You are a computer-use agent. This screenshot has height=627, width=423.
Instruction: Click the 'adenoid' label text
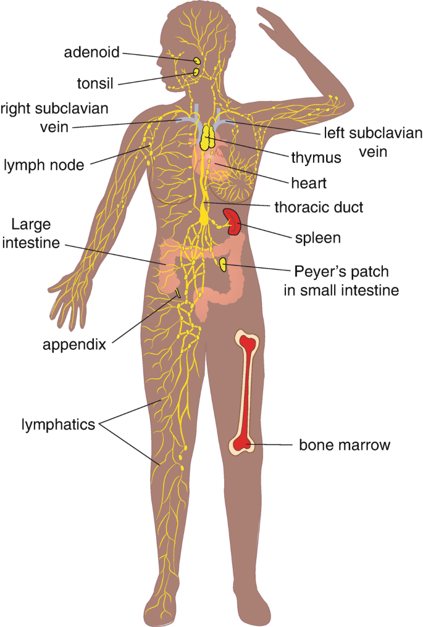pos(91,52)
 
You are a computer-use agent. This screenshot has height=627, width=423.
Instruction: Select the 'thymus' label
pos(316,158)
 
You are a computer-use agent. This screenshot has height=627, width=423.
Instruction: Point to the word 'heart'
pos(309,183)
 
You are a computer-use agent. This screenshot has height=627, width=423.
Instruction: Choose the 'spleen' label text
pos(317,237)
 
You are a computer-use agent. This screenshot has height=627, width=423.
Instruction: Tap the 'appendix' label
pos(74,344)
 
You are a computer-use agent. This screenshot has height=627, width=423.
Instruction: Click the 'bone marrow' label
pos(345,444)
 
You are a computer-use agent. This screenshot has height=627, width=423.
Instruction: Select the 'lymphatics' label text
pos(58,425)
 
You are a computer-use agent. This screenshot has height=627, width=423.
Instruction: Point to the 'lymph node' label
pos(47,164)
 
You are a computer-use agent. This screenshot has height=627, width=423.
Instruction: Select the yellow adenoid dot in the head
pos(196,61)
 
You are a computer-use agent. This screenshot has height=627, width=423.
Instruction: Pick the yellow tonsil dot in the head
pos(196,72)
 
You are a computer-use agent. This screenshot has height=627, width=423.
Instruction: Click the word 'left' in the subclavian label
pos(334,133)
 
